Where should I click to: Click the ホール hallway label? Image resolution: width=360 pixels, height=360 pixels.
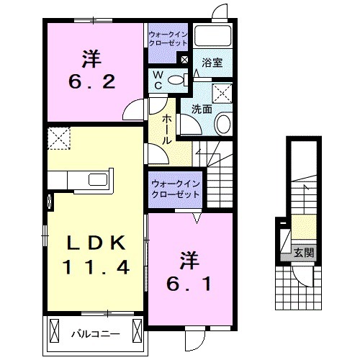click(166, 130)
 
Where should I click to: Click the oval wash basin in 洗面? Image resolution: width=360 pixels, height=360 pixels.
click(222, 124)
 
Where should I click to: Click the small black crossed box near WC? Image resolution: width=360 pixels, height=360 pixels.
click(184, 60)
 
